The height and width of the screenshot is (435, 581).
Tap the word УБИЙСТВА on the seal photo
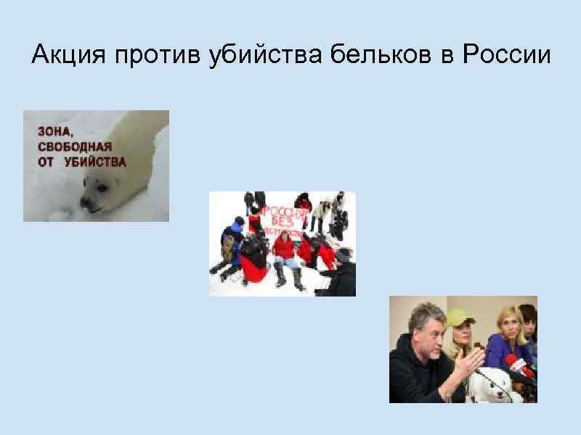[95, 162]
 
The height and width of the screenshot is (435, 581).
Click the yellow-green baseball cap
[460, 317]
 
